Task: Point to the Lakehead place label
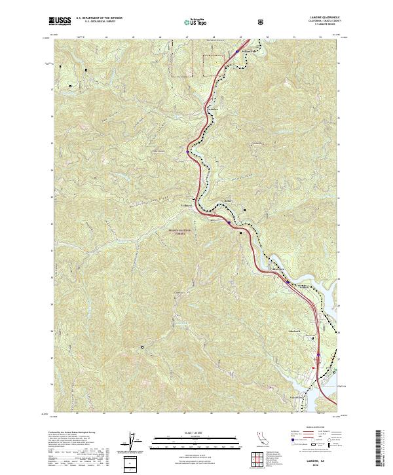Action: [x=294, y=330]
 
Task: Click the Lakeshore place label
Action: [x=295, y=397]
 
